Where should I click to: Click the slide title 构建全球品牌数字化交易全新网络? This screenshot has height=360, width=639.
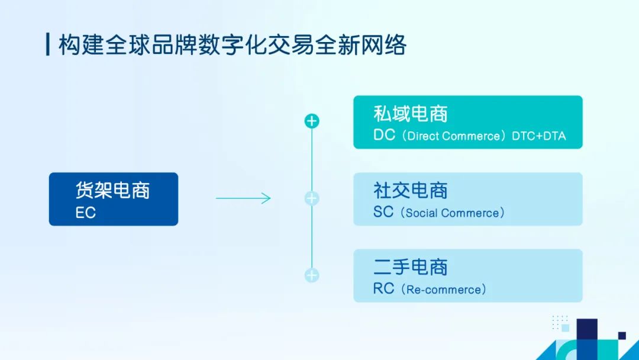233,44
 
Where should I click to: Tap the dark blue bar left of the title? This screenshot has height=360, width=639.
48,44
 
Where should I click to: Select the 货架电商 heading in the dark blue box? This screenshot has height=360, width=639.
112,191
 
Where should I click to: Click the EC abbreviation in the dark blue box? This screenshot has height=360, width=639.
86,213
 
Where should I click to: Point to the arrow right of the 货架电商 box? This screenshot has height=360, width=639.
243,198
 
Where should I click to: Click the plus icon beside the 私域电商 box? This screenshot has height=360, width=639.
312,121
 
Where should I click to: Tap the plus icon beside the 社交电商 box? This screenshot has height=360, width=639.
312,198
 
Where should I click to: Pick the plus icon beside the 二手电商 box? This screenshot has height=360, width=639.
312,275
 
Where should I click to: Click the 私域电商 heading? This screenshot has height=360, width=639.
411,114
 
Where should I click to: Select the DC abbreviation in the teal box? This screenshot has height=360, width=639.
385,135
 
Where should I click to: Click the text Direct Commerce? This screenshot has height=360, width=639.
454,136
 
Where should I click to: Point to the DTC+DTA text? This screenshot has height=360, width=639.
539,136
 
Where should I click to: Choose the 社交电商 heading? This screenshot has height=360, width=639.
411,191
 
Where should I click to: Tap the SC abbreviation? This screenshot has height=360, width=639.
383,211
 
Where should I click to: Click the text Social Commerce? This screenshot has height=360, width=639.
453,213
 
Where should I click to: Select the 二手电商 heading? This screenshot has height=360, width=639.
411,267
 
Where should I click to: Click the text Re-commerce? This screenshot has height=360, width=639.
444,290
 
